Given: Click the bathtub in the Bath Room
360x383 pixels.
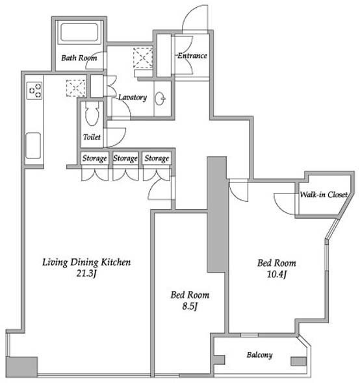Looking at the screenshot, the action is (x=79, y=32).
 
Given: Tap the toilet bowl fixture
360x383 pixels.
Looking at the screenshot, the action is (x=92, y=113).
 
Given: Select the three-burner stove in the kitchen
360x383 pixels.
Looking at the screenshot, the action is (x=34, y=91).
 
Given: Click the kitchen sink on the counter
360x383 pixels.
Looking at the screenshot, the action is (x=33, y=145).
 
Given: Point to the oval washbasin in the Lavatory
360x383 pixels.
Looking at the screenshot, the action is (x=160, y=99).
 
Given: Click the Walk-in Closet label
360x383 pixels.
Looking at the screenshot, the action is (x=324, y=195).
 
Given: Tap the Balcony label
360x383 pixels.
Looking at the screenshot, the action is (x=259, y=355).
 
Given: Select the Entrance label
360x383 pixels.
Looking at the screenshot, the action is (x=192, y=56).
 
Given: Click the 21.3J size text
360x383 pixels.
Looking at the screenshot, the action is (x=86, y=273).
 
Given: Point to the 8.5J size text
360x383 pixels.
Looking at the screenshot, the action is (x=190, y=306).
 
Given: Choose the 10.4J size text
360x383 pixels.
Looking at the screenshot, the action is (x=277, y=274).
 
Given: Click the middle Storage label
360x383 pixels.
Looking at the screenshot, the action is (x=125, y=158).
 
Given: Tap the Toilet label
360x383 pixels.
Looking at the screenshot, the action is (x=92, y=137).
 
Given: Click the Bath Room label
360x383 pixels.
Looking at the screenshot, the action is (x=79, y=58).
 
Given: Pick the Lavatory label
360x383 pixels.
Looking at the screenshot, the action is (x=133, y=97).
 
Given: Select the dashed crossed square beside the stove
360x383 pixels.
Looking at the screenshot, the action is (x=76, y=88).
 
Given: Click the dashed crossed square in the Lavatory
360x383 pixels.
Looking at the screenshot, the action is (x=143, y=58).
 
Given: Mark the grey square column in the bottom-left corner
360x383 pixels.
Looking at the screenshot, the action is (x=21, y=367).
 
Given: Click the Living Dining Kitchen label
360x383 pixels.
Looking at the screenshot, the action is (x=86, y=262).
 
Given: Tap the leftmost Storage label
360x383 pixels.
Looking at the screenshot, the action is (x=95, y=158).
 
